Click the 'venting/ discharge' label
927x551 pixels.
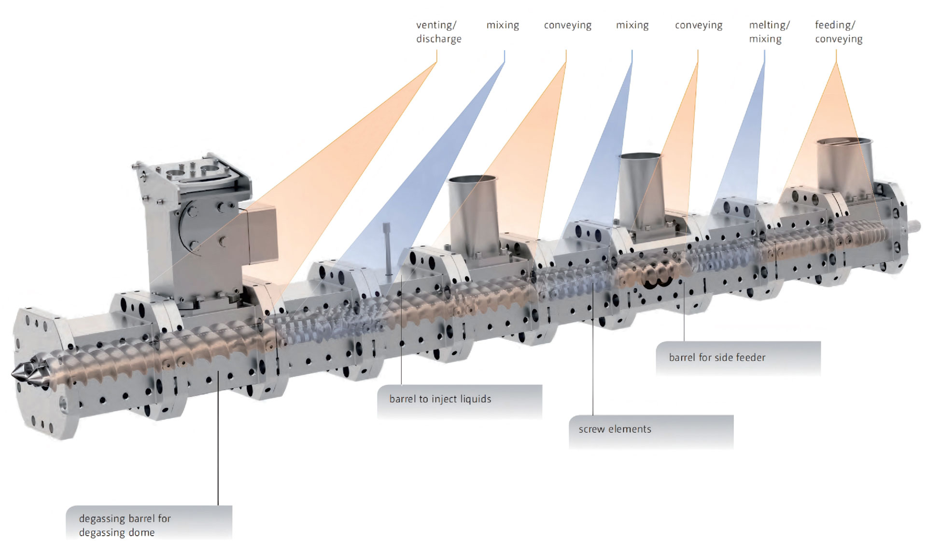tap(438, 32)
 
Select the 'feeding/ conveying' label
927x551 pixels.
tap(839, 32)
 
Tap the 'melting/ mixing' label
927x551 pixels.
tap(769, 32)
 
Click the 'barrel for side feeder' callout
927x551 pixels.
tap(738, 358)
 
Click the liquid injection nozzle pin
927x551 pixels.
tap(387, 249)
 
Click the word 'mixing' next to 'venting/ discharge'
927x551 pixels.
tap(503, 26)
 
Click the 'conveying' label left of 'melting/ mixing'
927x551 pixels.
tap(699, 26)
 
